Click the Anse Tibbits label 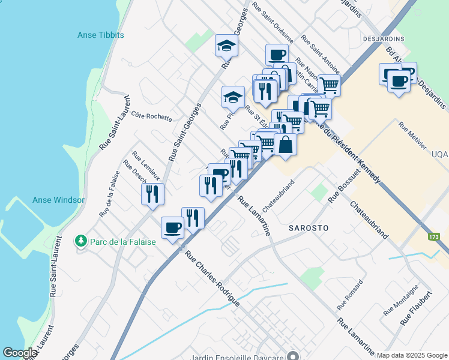(101, 35)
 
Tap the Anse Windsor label (58, 200)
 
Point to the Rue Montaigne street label (401, 300)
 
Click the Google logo (20, 353)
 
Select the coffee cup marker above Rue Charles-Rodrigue (173, 227)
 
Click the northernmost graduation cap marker (226, 45)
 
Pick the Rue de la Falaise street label (110, 194)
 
